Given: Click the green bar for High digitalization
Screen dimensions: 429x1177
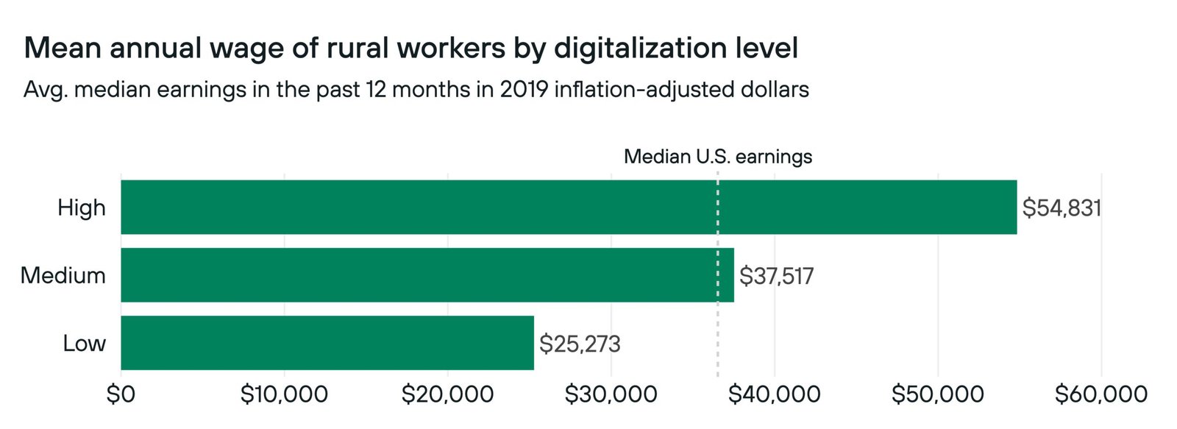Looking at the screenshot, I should (x=568, y=207).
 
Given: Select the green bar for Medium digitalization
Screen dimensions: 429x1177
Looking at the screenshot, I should (x=427, y=274).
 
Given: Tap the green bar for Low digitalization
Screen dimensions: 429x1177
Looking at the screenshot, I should (x=327, y=343).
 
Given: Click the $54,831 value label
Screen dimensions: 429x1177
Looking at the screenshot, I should (x=1062, y=208).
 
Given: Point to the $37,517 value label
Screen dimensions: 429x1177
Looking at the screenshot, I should (x=776, y=276).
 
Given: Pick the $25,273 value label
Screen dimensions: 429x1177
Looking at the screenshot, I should (x=580, y=344).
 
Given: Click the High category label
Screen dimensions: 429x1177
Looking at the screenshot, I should (x=82, y=208).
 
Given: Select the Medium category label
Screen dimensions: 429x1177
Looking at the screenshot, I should (x=63, y=275).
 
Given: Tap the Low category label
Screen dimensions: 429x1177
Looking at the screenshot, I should (x=84, y=343).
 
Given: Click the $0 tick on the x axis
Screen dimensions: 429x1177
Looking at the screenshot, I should (x=121, y=394).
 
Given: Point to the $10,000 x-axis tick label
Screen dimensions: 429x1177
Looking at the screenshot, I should (x=284, y=394).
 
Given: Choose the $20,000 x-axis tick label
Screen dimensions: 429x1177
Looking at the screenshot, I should (x=447, y=394).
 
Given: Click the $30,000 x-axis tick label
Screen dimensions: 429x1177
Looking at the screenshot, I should (x=611, y=394).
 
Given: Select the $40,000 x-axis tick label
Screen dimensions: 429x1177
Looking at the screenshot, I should (x=774, y=394).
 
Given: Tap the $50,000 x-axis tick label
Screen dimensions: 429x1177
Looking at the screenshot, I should (x=937, y=394).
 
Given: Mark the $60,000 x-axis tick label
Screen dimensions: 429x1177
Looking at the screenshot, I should (x=1100, y=394).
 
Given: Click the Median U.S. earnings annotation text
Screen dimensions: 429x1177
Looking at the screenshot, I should (x=718, y=157).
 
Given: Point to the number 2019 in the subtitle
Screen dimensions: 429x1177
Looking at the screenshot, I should (x=523, y=90).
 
